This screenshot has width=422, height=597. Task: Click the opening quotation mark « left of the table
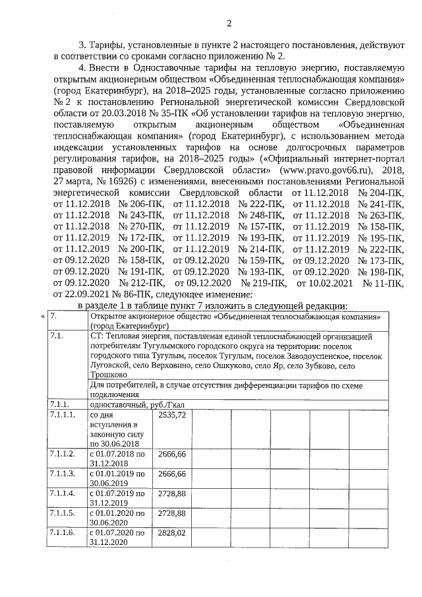(43, 316)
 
